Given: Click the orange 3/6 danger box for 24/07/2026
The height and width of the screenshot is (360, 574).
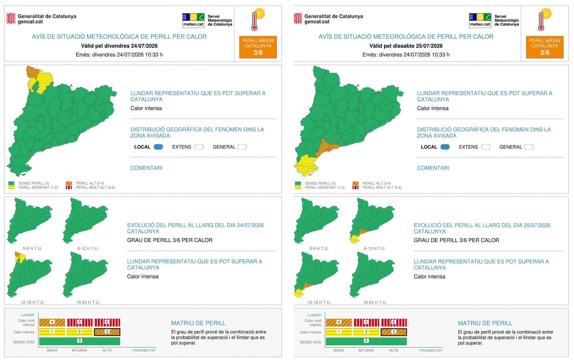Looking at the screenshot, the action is click(x=258, y=47).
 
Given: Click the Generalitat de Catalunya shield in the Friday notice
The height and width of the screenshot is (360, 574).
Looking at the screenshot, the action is click(x=11, y=18).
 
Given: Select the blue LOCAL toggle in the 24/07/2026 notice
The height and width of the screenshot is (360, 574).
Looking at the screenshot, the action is click(x=158, y=147).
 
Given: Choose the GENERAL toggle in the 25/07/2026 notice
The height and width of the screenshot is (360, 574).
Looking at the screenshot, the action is click(x=529, y=147).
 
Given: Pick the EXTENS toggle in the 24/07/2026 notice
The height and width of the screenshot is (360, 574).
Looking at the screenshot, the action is click(x=199, y=147).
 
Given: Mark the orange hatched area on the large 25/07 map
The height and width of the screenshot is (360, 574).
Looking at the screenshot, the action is click(x=326, y=147).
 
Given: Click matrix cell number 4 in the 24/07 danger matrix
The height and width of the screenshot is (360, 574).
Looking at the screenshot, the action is click(x=52, y=322).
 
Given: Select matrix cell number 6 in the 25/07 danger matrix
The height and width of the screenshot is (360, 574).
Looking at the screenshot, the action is click(x=394, y=322).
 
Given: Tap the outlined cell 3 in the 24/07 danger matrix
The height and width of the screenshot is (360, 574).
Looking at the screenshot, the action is click(x=107, y=332).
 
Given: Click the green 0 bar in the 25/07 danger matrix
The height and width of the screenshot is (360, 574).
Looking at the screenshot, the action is click(x=366, y=341).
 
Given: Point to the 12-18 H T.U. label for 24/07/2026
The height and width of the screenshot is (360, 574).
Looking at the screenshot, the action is click(x=32, y=302).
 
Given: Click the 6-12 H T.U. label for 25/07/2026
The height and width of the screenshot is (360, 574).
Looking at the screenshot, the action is click(x=375, y=248).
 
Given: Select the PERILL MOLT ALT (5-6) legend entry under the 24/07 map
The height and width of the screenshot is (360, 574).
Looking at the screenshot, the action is click(x=90, y=187).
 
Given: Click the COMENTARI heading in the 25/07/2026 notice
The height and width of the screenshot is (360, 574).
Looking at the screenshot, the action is click(x=433, y=168).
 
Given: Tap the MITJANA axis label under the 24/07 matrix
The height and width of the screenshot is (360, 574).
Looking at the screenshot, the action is click(x=79, y=350).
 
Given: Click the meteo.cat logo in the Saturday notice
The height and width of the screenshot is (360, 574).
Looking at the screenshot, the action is click(x=480, y=20).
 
